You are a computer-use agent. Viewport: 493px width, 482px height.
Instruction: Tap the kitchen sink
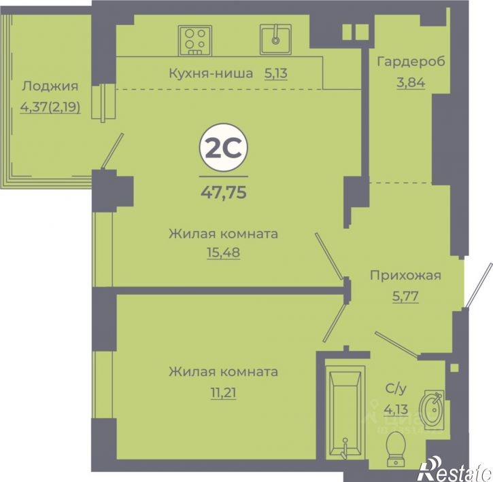click(x=275, y=38)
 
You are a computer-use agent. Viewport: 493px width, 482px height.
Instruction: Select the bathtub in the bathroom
click(x=347, y=414)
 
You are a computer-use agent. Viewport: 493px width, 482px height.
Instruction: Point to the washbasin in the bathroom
click(x=431, y=409)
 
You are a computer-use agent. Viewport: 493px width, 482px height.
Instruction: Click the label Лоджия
click(x=50, y=86)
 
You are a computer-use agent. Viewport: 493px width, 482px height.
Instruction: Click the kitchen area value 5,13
click(x=276, y=73)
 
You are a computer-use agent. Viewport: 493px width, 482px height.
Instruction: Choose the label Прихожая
click(x=405, y=275)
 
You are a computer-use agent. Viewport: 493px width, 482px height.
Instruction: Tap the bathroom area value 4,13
click(x=393, y=409)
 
